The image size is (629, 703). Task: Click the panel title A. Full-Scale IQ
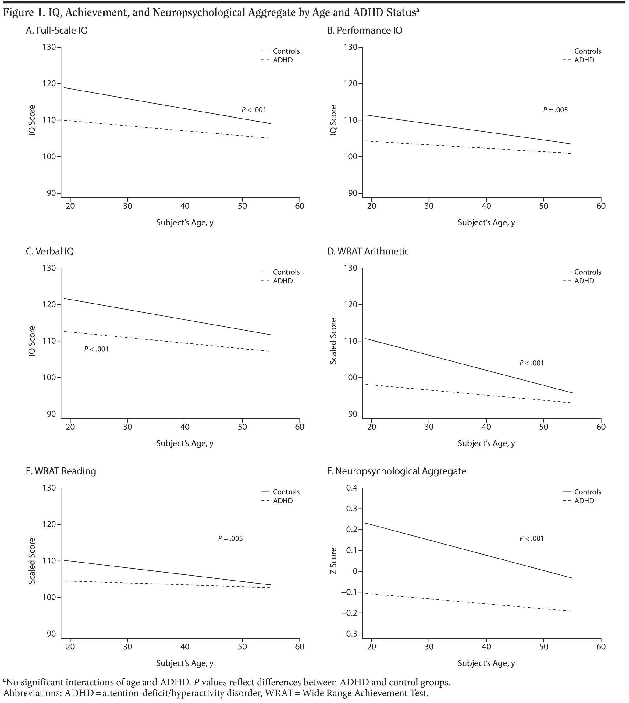pos(57,30)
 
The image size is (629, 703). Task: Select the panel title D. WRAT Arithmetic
pos(368,251)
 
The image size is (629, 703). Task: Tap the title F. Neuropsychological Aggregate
pos(396,471)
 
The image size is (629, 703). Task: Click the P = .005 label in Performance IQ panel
pos(555,110)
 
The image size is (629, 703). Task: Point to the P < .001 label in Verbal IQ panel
pos(96,349)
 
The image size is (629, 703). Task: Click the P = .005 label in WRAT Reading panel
pos(230,538)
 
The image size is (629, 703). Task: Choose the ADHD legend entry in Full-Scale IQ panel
pos(283,60)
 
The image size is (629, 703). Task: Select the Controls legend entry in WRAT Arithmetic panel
pos(588,272)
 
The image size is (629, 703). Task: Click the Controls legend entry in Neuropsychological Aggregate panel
pos(588,492)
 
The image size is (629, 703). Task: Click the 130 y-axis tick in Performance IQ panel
pos(351,47)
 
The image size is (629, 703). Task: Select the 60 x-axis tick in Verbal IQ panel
pos(300,427)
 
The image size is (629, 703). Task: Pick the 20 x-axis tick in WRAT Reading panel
pos(70,647)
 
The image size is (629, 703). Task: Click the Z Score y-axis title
pos(333,561)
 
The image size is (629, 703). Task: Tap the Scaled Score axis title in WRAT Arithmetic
pos(333,341)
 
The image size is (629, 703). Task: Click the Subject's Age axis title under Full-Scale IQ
pos(185,222)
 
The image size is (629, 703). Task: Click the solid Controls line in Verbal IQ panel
pos(166,316)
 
